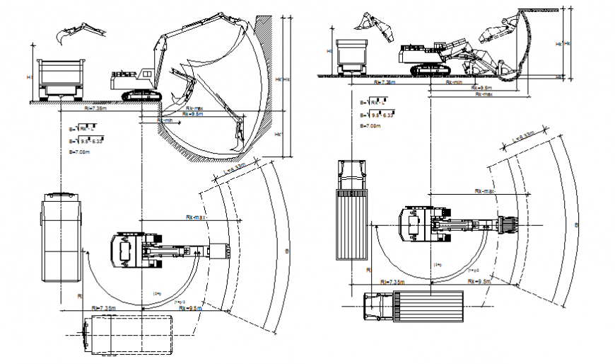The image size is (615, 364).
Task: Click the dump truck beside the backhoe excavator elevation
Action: [x=59, y=79]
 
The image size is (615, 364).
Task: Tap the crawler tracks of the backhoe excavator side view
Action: [x=144, y=94]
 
